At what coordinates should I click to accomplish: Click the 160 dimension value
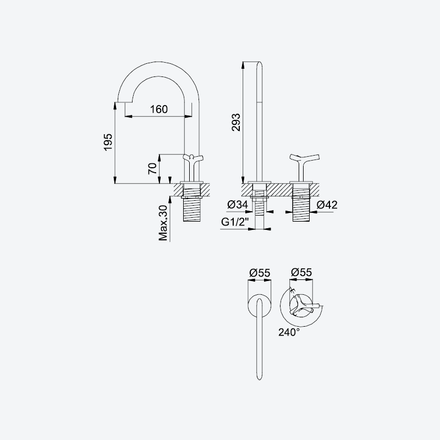(x=159, y=109)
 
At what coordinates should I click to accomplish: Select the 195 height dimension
(x=108, y=142)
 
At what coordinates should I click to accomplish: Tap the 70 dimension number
(x=152, y=168)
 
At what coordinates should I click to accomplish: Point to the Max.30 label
(x=163, y=223)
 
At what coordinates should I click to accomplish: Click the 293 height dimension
(x=237, y=122)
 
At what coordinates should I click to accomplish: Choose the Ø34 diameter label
(x=238, y=205)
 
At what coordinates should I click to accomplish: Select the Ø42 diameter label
(x=327, y=205)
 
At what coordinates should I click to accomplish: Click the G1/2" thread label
(x=235, y=222)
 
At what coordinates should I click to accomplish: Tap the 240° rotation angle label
(x=289, y=332)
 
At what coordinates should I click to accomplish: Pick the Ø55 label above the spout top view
(x=260, y=272)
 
